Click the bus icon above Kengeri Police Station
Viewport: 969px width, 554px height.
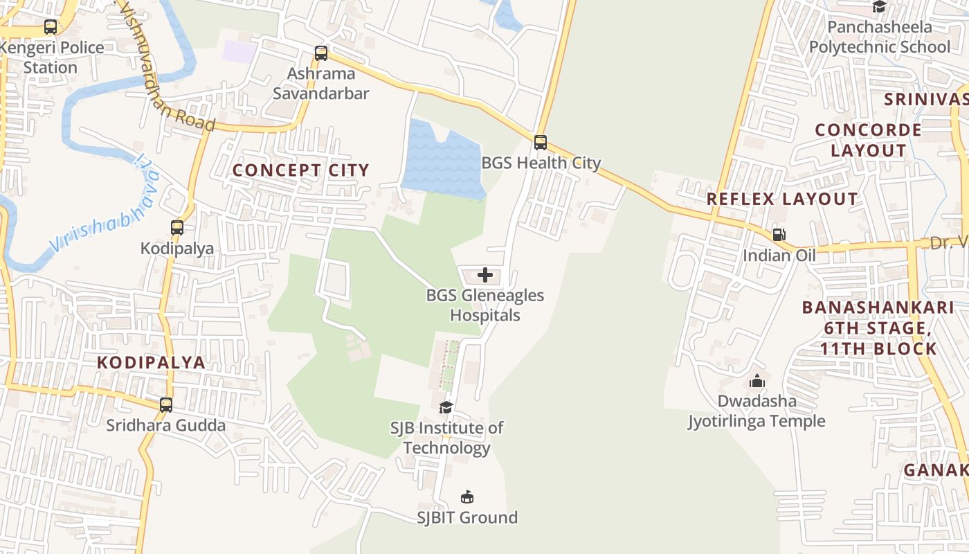click(x=51, y=27)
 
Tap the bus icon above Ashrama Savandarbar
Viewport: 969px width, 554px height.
click(x=320, y=53)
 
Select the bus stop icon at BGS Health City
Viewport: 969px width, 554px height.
click(x=541, y=143)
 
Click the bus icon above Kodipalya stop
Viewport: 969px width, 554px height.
click(x=177, y=227)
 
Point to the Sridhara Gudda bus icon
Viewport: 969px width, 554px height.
click(x=166, y=405)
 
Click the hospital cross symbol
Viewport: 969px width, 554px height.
click(x=485, y=275)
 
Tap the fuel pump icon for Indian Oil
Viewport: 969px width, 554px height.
click(x=779, y=235)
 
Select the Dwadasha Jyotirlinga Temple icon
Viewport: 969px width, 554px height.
click(x=757, y=381)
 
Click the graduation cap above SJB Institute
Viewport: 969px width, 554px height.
click(x=446, y=407)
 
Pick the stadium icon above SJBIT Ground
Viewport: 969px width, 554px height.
click(x=467, y=497)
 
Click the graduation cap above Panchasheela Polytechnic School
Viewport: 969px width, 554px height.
click(x=879, y=7)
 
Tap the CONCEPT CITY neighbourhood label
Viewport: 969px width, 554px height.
click(x=301, y=170)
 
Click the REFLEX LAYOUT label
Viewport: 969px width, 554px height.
click(x=782, y=199)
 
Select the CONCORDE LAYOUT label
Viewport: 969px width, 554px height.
click(x=868, y=140)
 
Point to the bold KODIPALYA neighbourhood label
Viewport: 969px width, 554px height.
click(x=151, y=362)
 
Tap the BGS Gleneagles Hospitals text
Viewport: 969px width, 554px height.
click(x=484, y=305)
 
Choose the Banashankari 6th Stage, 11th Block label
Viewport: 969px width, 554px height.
click(x=878, y=328)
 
